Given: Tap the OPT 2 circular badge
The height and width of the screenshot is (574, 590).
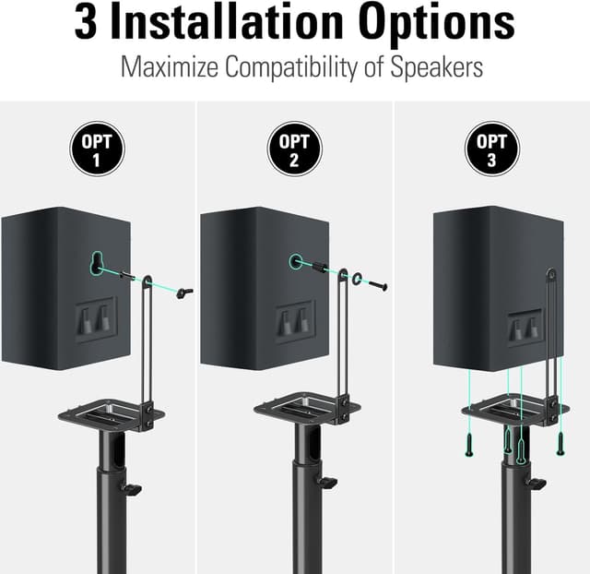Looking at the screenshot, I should pyautogui.click(x=294, y=150).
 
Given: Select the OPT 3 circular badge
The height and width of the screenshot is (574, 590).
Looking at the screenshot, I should pyautogui.click(x=491, y=150).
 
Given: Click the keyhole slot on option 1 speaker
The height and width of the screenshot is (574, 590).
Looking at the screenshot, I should pyautogui.click(x=96, y=263).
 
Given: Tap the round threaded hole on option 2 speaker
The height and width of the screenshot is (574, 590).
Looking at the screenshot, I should pyautogui.click(x=296, y=263).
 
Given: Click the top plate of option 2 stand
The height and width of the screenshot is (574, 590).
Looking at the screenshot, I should pyautogui.click(x=297, y=407).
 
